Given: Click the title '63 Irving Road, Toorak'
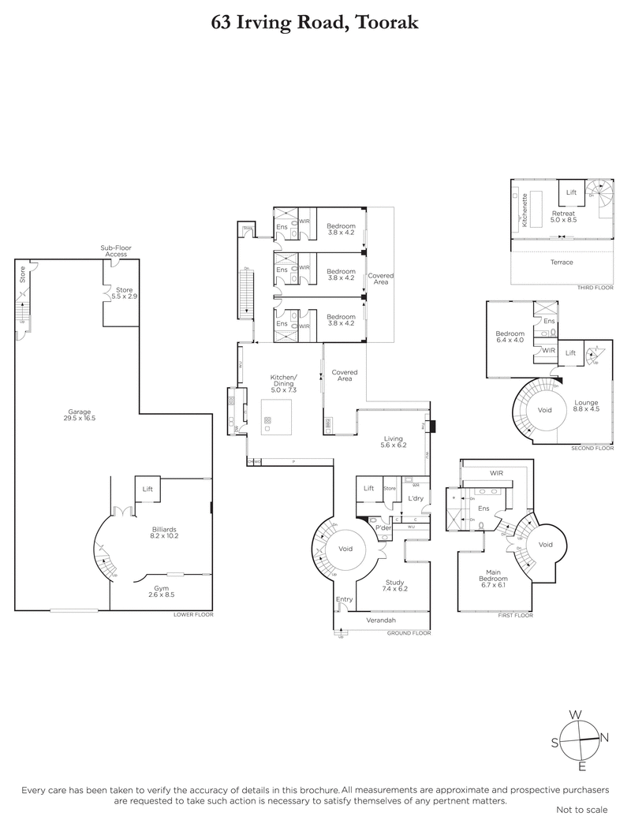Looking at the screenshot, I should tap(315, 23).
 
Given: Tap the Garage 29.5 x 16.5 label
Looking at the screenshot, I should tap(80, 415).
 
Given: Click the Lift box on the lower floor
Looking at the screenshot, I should tap(147, 489).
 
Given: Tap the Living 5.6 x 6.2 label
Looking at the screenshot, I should tap(394, 442).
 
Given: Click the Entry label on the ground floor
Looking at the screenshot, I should tap(344, 600).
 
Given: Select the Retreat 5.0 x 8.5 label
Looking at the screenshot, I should tap(563, 217).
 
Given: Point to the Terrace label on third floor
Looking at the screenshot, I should tap(562, 263).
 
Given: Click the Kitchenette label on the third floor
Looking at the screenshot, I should tap(525, 211).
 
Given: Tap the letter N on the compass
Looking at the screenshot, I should tap(605, 738).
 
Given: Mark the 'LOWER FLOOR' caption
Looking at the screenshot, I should tap(193, 613).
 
